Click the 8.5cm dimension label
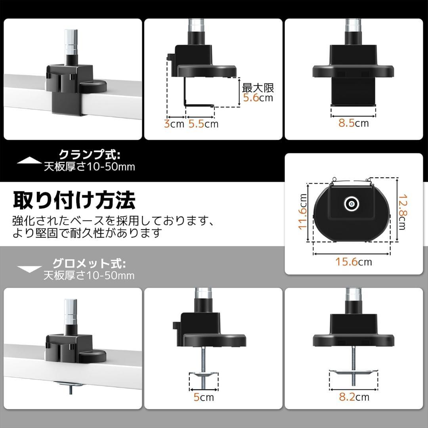[353, 123]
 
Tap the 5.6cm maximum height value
[258, 98]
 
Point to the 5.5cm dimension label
[203, 124]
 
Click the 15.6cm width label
[353, 262]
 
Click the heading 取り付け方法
[74, 200]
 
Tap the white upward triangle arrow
[30, 160]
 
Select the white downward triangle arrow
[30, 269]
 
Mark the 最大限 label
[258, 88]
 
